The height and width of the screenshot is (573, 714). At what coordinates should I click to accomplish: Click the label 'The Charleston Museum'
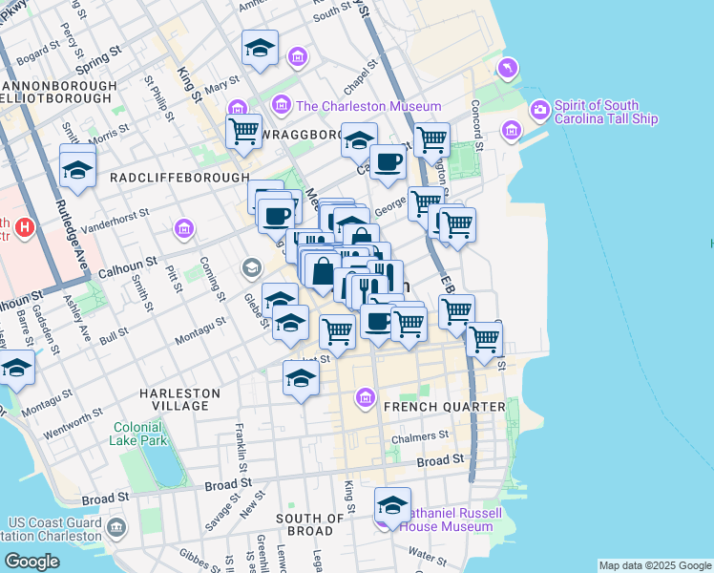click(x=368, y=106)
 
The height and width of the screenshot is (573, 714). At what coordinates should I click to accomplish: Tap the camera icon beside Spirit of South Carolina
click(x=539, y=110)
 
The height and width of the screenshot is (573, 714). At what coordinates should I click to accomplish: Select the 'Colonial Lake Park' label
click(x=140, y=434)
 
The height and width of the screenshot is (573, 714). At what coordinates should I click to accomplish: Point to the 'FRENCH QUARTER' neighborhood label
click(x=444, y=407)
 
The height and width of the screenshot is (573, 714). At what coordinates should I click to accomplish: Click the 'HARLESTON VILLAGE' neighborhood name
click(x=179, y=399)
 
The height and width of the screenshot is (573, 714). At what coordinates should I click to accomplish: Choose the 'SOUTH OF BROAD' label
click(x=310, y=524)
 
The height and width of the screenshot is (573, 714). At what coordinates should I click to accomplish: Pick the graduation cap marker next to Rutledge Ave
click(x=77, y=169)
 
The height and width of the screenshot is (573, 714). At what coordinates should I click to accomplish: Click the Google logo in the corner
click(x=32, y=562)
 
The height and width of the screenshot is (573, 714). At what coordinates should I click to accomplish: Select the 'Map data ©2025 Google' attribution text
click(x=654, y=565)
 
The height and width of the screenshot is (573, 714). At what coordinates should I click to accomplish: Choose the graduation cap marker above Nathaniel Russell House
click(x=392, y=503)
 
